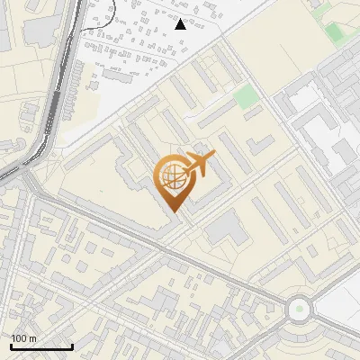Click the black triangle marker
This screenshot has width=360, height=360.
180,24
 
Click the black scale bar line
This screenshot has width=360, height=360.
41,346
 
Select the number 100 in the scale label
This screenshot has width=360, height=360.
18,337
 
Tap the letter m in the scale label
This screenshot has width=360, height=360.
33,337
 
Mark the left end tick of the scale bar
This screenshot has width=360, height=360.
11,344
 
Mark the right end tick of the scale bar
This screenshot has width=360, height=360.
72,344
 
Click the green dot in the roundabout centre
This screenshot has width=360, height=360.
298,310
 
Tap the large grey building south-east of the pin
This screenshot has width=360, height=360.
226,229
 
